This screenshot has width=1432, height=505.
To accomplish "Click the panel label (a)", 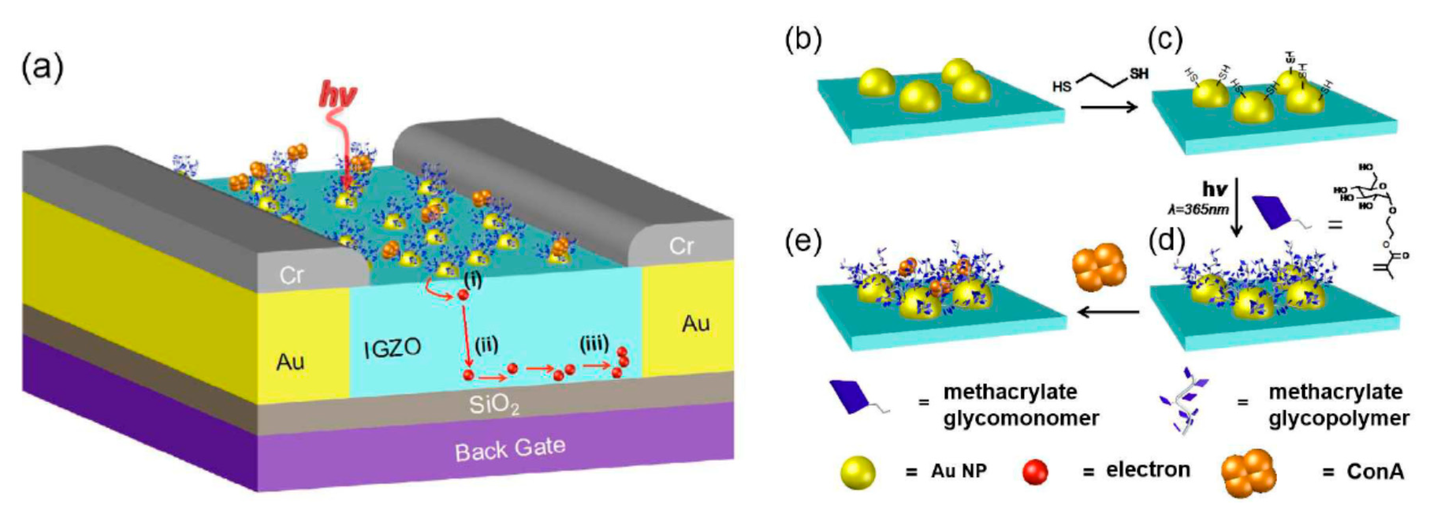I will click(42, 68).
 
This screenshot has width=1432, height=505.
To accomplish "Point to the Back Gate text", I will click(510, 449).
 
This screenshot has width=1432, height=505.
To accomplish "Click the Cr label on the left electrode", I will click(291, 275).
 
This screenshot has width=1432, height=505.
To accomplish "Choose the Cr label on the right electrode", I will click(681, 245).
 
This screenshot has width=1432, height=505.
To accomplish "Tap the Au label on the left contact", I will click(290, 362).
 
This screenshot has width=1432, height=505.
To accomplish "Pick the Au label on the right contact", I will click(695, 323).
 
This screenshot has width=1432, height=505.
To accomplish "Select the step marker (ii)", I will click(486, 345).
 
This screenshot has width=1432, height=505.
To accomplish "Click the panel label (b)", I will click(803, 40).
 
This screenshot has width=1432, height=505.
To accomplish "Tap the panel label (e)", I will click(803, 242).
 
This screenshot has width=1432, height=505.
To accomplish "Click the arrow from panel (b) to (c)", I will click(1109, 106).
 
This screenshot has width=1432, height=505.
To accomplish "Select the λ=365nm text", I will click(1199, 210).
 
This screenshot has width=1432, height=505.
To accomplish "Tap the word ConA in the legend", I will click(1375, 472).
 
